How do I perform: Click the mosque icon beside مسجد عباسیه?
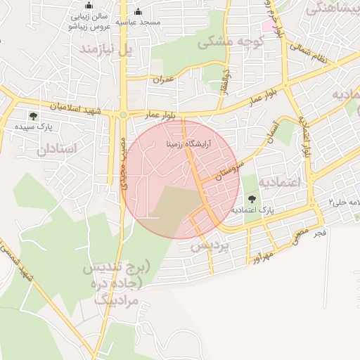coord(138,11)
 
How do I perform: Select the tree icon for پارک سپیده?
coord(33,116)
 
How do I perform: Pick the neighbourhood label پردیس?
coord(210,246)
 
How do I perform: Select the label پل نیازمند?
coord(105,50)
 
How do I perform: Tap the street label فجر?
coord(320,232)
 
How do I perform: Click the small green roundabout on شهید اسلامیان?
coord(123,115)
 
